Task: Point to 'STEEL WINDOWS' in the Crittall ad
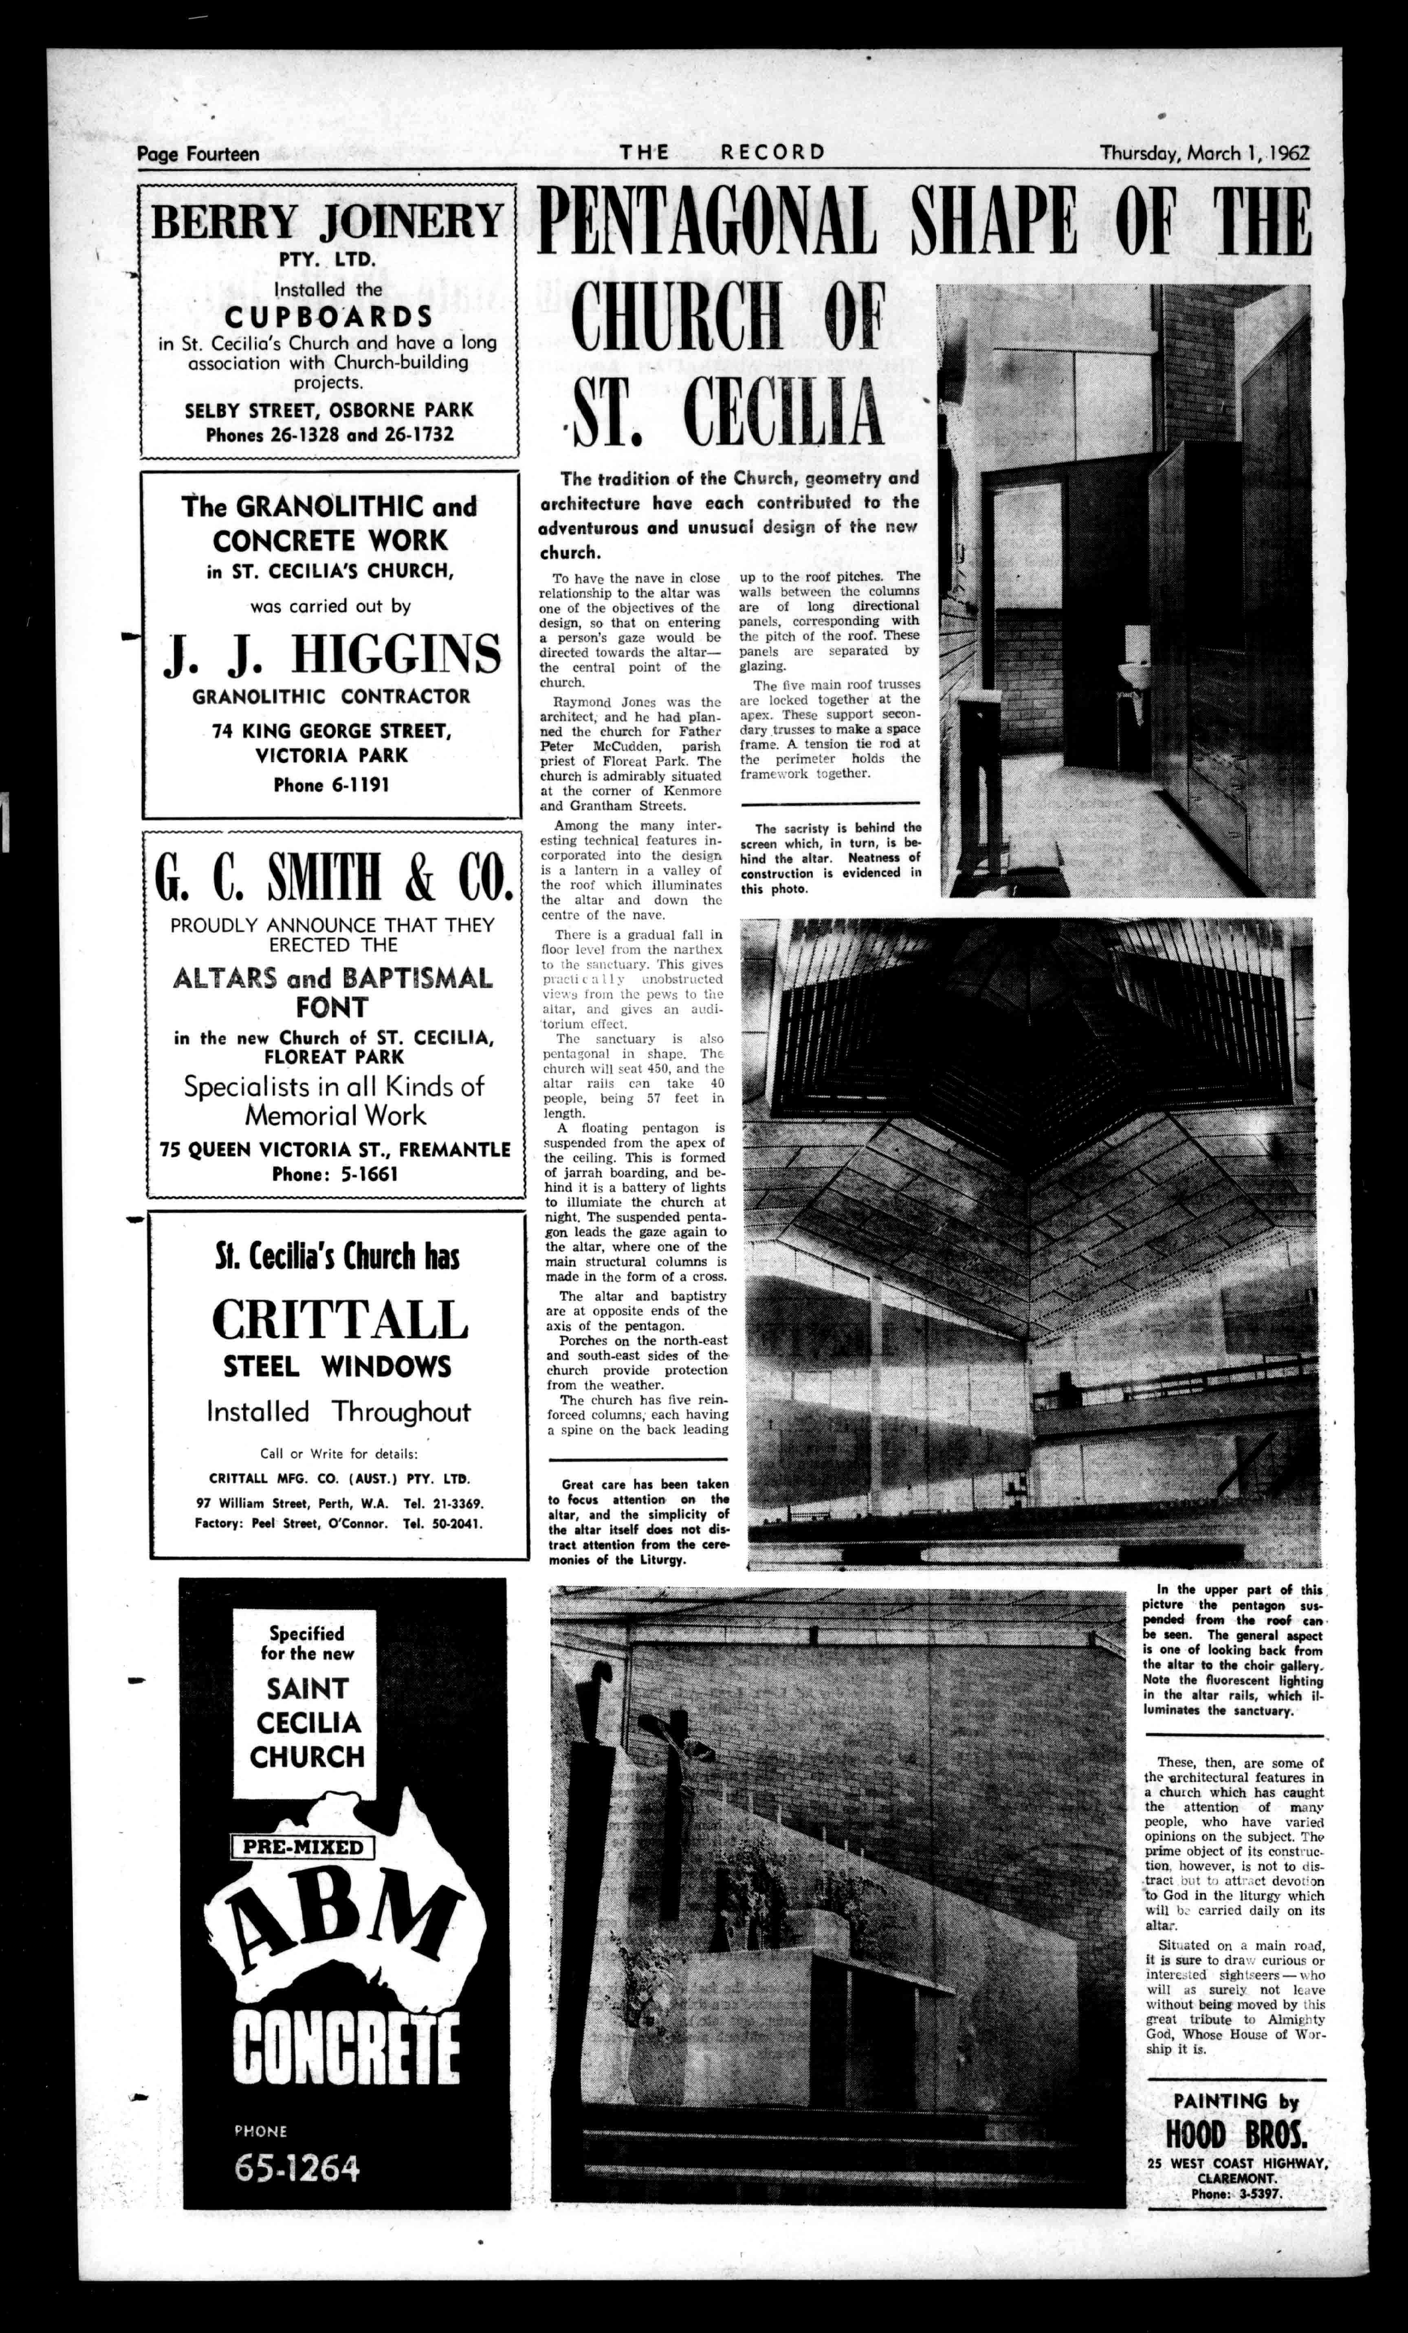pos(337,1366)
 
